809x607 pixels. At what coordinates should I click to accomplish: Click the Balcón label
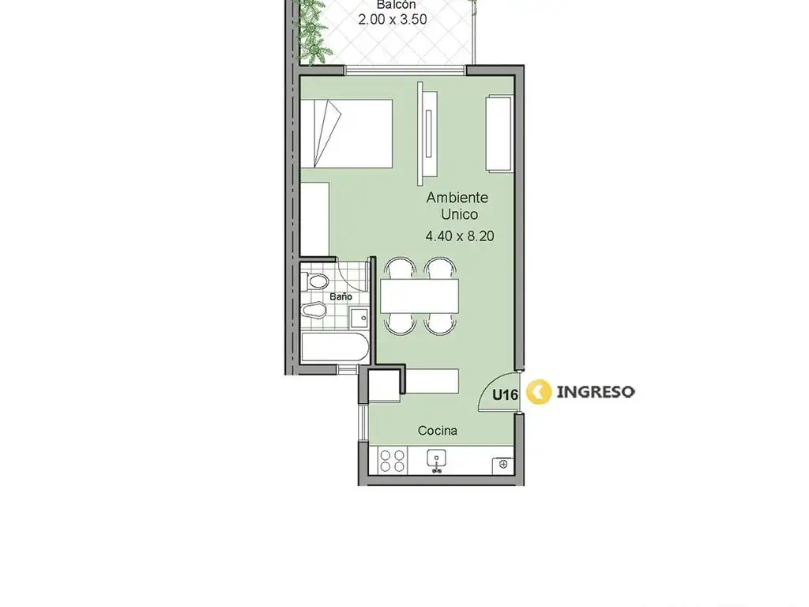[396, 5]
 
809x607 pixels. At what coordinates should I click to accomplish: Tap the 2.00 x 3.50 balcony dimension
[393, 20]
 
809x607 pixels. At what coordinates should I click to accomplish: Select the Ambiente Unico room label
[457, 205]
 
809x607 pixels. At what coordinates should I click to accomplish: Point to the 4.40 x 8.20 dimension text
[460, 236]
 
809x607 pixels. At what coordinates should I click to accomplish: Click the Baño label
[341, 297]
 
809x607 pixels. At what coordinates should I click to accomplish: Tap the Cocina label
[438, 431]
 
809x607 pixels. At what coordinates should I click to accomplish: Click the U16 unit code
[505, 395]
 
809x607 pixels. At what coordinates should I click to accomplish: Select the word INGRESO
[596, 392]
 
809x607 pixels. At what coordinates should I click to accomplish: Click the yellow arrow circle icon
[539, 392]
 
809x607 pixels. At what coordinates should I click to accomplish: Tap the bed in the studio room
[346, 133]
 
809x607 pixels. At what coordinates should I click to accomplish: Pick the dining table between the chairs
[420, 296]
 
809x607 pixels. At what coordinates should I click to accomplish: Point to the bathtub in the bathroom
[335, 348]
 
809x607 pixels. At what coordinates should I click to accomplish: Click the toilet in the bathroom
[315, 282]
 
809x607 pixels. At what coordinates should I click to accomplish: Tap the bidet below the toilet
[314, 310]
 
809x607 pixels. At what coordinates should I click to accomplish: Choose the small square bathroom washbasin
[359, 318]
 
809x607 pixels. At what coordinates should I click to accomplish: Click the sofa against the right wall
[499, 133]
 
